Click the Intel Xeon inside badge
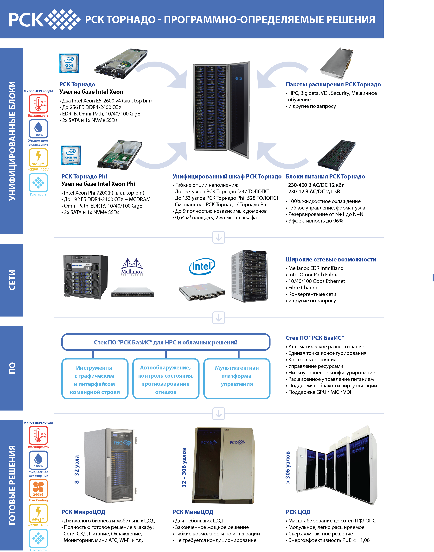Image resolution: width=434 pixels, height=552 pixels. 69,63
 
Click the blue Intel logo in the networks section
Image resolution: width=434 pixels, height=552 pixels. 202,267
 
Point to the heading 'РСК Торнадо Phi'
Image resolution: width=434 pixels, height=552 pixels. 84,176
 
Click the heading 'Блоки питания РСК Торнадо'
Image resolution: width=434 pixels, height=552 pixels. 325,176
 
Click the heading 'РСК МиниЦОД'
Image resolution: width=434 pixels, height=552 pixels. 193,512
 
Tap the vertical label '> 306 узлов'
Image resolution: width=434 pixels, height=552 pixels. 288,467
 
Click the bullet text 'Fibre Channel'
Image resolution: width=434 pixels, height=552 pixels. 304,288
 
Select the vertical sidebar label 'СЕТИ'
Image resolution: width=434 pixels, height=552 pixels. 12,280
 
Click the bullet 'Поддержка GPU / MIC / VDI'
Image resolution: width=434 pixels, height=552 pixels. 319,392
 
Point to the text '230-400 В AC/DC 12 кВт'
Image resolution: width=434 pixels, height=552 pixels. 316,185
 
